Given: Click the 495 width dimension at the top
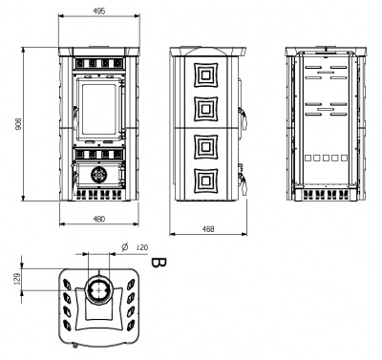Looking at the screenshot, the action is click(x=99, y=11).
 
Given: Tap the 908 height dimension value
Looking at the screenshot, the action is click(x=18, y=124).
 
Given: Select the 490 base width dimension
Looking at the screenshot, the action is click(x=99, y=219).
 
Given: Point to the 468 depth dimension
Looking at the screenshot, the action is click(x=208, y=229).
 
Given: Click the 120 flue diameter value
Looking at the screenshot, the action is click(x=142, y=247).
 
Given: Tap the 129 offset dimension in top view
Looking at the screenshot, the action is click(x=18, y=279).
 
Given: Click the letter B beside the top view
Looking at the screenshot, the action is click(x=159, y=263).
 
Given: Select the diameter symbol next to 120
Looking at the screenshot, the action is click(x=125, y=246).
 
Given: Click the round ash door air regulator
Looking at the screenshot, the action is click(x=99, y=175).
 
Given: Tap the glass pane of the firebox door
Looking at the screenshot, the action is click(x=99, y=109).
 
